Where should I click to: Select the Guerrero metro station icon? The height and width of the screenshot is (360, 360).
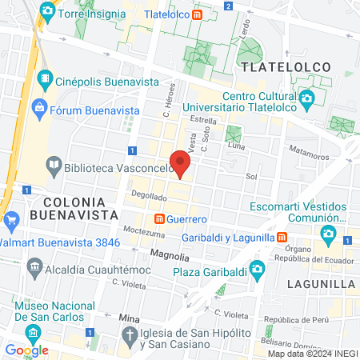pos(160,218)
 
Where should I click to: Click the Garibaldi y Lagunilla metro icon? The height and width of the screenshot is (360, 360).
pos(282,237)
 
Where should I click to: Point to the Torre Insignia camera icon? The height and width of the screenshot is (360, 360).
pos(47,11)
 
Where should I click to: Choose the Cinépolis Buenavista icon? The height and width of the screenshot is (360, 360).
pos(47,80)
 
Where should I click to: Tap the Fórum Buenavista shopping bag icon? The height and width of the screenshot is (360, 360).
pos(38,106)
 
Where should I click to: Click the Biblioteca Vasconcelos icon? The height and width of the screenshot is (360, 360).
pos(54,166)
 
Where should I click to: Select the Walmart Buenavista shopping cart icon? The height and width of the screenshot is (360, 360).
pos(10,220)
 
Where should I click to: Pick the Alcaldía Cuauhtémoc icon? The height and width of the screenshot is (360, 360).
pos(34,266)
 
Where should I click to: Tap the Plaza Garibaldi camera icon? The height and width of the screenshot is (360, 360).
pos(257,268)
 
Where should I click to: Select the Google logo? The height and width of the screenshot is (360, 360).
pos(26,350)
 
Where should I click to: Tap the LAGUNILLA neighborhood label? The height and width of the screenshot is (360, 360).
pos(319,283)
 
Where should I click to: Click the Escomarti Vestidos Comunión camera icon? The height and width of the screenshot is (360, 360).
pos(328,234)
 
